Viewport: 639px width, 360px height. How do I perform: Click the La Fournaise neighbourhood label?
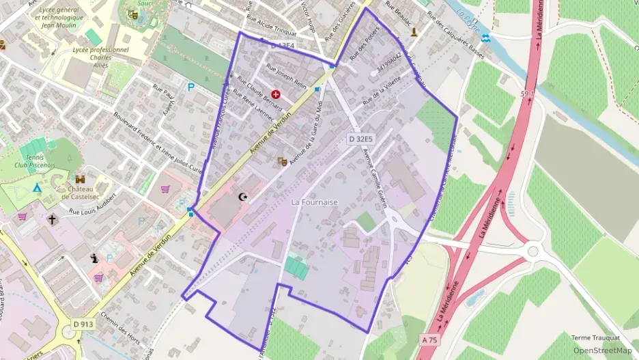click(314, 202)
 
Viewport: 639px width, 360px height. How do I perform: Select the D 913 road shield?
click(83, 324)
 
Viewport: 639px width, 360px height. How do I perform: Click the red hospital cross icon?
click(276, 94)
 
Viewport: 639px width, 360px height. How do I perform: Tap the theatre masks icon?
click(281, 161)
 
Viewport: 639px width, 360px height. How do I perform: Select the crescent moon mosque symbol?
click(242, 197)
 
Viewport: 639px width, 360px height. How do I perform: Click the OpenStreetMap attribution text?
click(602, 350)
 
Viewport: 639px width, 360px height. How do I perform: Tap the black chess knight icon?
click(94, 258)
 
